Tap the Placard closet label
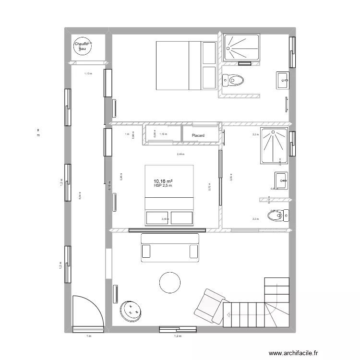click(x=198, y=136)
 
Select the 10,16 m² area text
click(x=164, y=181)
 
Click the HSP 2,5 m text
click(x=163, y=186)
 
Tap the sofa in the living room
click(x=169, y=248)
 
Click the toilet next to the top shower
click(x=234, y=80)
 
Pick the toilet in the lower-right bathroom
click(x=278, y=215)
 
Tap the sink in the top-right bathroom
click(x=282, y=80)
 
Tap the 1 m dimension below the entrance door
click(x=88, y=336)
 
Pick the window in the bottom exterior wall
click(x=178, y=329)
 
